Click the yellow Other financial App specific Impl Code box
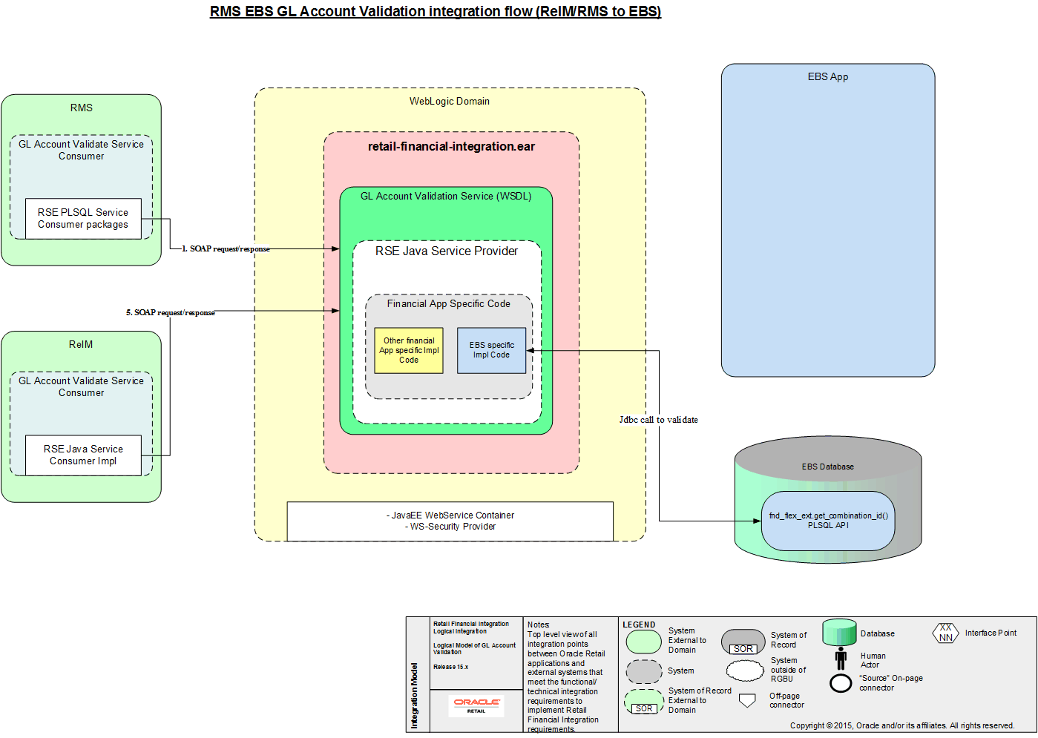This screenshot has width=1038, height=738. coord(409,350)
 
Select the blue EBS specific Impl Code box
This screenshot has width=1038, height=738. coord(491,350)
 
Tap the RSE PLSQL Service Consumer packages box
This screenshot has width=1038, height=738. coord(83,218)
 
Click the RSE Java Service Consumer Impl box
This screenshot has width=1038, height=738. coord(83,455)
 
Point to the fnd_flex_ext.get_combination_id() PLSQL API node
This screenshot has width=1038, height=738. coord(828,521)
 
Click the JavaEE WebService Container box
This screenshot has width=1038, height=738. coord(450,521)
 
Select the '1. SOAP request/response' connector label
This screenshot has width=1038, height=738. coord(226,249)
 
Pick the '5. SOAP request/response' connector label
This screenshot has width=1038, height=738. coord(171,313)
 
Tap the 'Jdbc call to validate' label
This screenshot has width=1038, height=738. coord(659,420)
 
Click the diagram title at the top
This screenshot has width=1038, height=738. coord(436,12)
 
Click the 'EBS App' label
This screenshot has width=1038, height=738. coord(828,77)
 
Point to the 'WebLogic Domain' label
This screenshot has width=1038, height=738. coord(450,102)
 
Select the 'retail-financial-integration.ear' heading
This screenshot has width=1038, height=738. coord(451,147)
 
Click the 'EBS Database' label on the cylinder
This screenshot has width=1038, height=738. coord(828,467)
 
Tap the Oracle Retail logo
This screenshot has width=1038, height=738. coord(476,705)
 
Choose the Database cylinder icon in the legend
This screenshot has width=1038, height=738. coord(839,633)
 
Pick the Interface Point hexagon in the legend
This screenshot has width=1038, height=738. coord(946,633)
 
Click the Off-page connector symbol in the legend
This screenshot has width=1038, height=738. coord(748,700)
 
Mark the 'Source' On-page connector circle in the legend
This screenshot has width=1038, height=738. coord(841,683)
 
